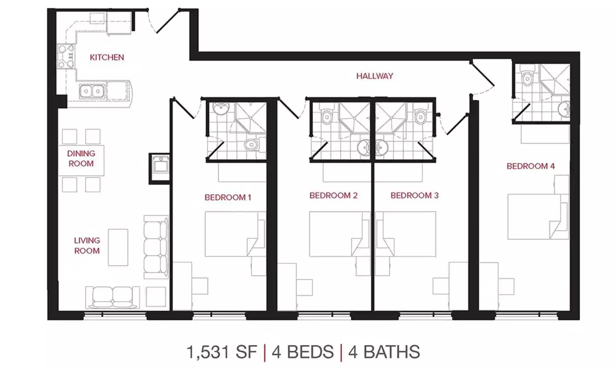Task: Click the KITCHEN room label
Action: coord(107,58)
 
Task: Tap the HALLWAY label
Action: coord(374,76)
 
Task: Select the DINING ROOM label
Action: coord(81,158)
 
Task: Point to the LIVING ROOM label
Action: coord(87,245)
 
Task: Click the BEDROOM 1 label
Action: coord(228,197)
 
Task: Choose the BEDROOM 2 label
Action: coord(333,196)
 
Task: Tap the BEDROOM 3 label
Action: coord(414,196)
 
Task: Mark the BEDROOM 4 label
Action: coord(530,166)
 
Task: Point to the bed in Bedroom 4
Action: coord(537,217)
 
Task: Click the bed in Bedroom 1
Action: coord(235,234)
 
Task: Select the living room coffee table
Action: coord(118,247)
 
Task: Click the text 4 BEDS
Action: coord(302,352)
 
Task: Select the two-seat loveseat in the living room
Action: coord(113,297)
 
